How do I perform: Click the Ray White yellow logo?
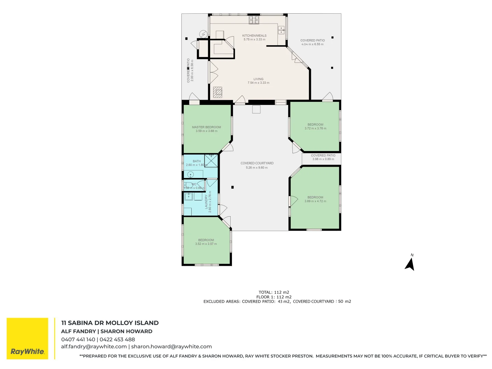[x=27, y=338]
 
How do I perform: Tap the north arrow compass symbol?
[x=410, y=264]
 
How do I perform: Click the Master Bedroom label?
[x=206, y=127]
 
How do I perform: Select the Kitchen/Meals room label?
[x=254, y=36]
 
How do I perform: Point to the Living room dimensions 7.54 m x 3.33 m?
[x=258, y=83]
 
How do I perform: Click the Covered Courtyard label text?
[x=257, y=163]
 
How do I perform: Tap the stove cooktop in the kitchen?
[x=254, y=20]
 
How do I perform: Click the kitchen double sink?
[x=281, y=30]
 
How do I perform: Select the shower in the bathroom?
[x=211, y=161]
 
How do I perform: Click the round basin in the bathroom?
[x=191, y=175]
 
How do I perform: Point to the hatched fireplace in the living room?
[x=218, y=92]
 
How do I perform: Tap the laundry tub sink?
[x=189, y=196]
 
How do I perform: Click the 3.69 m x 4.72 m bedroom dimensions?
[x=315, y=201]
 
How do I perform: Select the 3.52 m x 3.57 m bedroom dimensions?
[x=206, y=244]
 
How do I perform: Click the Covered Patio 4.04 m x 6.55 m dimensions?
[x=312, y=44]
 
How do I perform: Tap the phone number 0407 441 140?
[x=78, y=340]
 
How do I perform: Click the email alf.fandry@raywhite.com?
[x=94, y=346]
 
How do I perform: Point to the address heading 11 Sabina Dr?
[x=110, y=323]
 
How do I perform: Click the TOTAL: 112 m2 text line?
[x=274, y=292]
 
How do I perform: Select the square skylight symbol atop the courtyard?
[x=256, y=109]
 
